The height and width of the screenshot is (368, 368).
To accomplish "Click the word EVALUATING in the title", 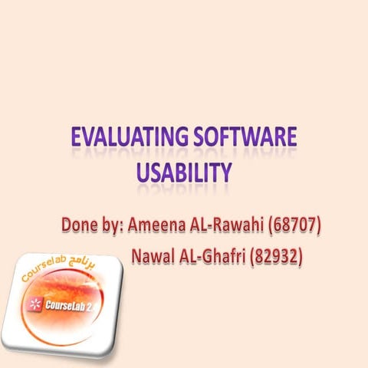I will pyautogui.click(x=123, y=138).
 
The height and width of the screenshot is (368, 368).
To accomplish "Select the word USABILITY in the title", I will pyautogui.click(x=184, y=172).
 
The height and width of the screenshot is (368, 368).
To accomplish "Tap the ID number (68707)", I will pyautogui.click(x=295, y=226).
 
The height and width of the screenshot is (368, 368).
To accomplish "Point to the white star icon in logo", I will pyautogui.click(x=34, y=304).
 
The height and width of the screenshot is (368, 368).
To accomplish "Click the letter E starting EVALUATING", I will pyautogui.click(x=77, y=138).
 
